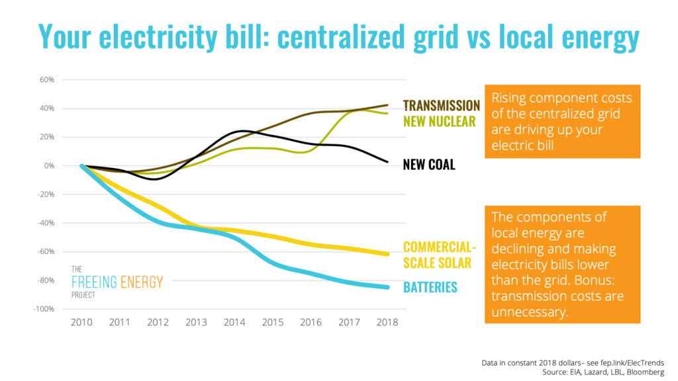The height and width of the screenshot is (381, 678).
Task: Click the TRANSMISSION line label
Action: [442, 105]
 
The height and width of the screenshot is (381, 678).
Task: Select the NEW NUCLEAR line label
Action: [440, 122]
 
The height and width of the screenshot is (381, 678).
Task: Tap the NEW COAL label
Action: [429, 165]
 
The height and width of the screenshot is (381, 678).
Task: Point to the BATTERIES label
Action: [430, 287]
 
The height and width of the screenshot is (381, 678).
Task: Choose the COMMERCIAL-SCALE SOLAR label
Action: [440, 255]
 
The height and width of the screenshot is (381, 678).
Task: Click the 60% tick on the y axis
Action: [47, 79]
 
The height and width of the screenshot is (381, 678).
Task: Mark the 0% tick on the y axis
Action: [49, 165]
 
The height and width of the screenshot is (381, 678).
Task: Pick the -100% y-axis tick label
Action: [44, 309]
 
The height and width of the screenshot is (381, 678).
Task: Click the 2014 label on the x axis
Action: [234, 322]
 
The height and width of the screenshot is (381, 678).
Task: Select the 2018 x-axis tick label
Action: [387, 322]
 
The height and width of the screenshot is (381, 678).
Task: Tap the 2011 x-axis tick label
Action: [119, 322]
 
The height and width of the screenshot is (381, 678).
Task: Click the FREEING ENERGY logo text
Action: [117, 282]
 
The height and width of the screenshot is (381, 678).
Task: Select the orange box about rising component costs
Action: [563, 122]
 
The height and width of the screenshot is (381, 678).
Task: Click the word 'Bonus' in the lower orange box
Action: [595, 280]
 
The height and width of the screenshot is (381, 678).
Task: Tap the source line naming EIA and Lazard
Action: [603, 372]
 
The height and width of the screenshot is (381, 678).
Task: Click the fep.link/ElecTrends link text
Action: [632, 363]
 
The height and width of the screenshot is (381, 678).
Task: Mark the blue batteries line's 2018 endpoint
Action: [387, 287]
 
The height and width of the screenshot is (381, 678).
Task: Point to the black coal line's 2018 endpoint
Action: [387, 162]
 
